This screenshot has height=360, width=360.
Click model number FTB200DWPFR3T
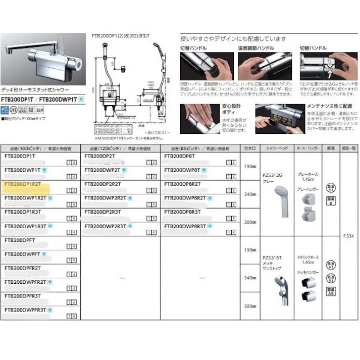[x=25, y=310]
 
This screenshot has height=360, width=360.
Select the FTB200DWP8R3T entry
[x=185, y=227]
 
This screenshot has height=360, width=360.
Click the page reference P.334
[x=348, y=236]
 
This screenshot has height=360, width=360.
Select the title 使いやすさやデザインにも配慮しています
[x=233, y=38]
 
